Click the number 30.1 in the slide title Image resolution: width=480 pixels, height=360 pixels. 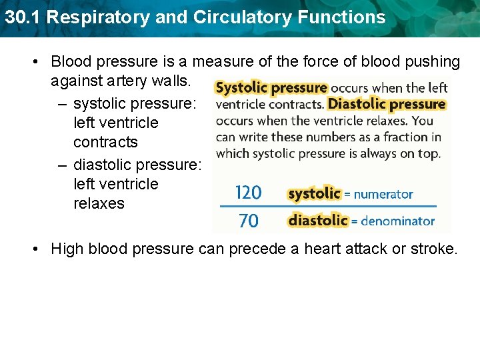(21, 17)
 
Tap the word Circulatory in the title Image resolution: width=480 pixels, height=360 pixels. (227, 17)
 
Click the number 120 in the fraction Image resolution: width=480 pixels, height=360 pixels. (248, 193)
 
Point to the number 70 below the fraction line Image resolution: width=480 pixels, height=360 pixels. (248, 221)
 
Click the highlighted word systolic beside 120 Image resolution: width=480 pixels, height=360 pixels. (314, 193)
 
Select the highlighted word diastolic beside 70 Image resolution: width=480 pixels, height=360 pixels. (318, 220)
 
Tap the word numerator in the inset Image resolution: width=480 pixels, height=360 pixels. (383, 195)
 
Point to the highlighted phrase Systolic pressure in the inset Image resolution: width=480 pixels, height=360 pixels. (271, 88)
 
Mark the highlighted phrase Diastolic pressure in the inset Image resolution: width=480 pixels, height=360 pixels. (387, 104)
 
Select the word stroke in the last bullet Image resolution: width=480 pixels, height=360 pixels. (434, 249)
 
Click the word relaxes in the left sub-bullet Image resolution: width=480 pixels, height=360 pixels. (99, 203)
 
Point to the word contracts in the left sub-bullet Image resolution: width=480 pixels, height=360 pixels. (105, 142)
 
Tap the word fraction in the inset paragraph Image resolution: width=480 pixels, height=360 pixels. (406, 137)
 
